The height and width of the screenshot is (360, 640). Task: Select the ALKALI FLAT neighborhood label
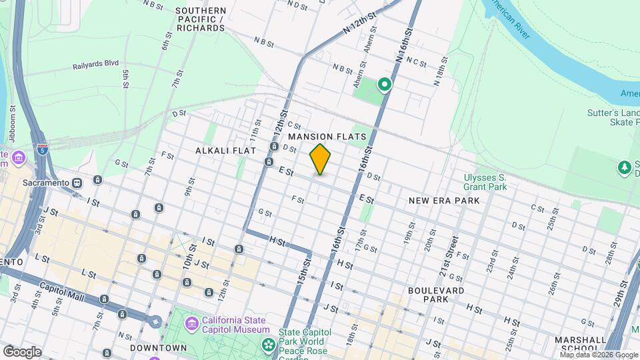[x=226, y=151]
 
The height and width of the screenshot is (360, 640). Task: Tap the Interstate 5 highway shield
[x=43, y=149]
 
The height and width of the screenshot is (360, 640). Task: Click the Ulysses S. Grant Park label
[x=485, y=182]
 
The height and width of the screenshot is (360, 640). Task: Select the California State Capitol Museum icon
[x=193, y=324]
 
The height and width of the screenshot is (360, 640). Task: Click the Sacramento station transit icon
[x=77, y=182]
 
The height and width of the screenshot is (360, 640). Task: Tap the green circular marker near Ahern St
[x=384, y=84]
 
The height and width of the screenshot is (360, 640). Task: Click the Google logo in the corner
[x=22, y=351]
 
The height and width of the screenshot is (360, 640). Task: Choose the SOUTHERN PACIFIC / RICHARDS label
[x=200, y=19]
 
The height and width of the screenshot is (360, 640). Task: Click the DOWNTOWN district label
[x=158, y=348]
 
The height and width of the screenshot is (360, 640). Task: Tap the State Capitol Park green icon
[x=269, y=345]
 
